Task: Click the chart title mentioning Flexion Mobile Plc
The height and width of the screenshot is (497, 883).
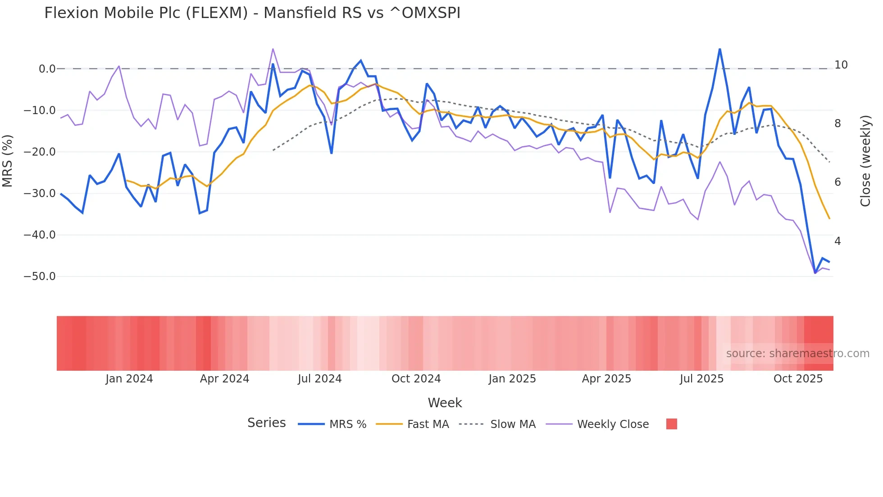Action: coord(252,13)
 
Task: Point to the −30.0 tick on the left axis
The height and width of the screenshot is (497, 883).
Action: coord(40,193)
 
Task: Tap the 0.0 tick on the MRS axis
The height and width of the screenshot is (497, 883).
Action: coord(47,69)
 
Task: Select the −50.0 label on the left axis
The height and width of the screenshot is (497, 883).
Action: coord(40,276)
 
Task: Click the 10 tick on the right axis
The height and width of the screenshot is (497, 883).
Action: coord(841,65)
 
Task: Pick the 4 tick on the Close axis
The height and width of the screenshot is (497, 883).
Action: coord(837,241)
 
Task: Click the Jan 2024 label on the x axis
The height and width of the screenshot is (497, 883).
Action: coord(129,379)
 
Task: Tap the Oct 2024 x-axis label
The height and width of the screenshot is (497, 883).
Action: coord(416,379)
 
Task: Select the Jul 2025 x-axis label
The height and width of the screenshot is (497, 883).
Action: coord(701,379)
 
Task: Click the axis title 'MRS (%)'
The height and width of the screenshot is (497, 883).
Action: coord(8,161)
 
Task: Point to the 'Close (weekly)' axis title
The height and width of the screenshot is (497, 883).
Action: coord(865,161)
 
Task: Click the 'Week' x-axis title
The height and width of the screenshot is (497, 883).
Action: coord(445,403)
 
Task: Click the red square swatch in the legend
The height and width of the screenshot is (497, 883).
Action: coord(671,424)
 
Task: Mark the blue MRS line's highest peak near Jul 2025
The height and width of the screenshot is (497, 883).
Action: coord(719,49)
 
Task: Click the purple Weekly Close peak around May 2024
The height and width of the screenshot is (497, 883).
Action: coord(273,49)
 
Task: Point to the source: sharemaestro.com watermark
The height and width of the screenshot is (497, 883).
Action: coord(797,354)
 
